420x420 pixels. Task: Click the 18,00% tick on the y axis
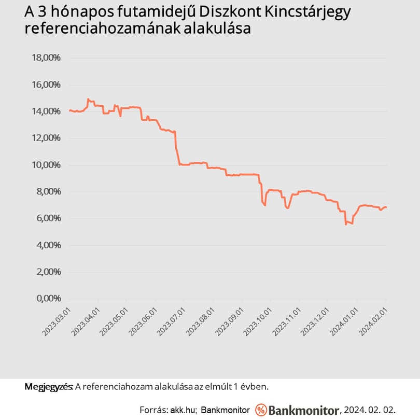46,58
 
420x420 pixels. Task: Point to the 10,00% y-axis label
46,165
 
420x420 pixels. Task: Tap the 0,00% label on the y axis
49,298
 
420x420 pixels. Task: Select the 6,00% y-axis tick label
49,218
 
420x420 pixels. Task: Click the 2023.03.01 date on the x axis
57,322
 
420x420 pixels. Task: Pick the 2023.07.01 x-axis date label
171,322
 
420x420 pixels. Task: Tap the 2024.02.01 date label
373,322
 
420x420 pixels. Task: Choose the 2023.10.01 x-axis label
258,322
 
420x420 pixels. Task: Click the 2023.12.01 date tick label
315,322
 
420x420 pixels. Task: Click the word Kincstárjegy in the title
307,12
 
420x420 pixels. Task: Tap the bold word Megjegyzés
49,387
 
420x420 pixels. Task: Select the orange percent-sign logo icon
261,410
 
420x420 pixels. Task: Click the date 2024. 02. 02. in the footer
370,410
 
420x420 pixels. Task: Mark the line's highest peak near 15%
88,99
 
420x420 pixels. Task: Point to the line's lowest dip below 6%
346,224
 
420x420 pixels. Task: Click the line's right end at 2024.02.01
386,207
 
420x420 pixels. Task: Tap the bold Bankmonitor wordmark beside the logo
304,410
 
